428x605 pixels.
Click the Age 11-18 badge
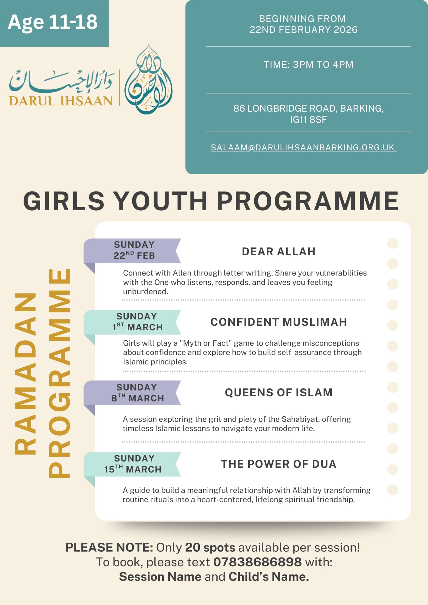tap(53, 22)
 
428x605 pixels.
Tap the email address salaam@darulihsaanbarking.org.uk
tap(304, 147)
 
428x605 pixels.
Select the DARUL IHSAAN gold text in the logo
tap(61, 101)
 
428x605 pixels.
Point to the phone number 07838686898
tap(257, 562)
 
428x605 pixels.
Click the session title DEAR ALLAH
tap(278, 252)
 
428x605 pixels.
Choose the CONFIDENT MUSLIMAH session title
tap(278, 322)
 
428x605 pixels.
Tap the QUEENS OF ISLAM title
tap(278, 393)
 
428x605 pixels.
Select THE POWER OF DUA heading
tap(278, 464)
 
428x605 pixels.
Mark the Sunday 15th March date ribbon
tap(133, 464)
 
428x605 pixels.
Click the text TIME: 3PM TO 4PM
tap(308, 64)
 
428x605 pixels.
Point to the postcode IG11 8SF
tap(308, 120)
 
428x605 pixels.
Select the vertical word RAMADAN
tap(25, 374)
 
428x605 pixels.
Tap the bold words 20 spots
tap(210, 548)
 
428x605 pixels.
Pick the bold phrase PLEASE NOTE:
tap(109, 548)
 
